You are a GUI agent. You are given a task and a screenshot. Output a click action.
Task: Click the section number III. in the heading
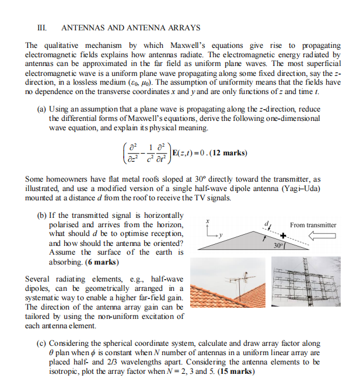tap(41, 27)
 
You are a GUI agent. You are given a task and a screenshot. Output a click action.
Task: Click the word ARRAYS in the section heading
tap(183, 27)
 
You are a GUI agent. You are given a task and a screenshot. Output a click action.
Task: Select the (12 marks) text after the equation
tap(224, 153)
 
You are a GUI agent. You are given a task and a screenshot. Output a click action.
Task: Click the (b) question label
tap(42, 216)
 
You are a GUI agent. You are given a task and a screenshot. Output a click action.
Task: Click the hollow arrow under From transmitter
tap(320, 236)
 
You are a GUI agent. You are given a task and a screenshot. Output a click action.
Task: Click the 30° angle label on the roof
tap(279, 245)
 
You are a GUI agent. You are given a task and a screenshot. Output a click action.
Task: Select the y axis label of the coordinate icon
tap(214, 237)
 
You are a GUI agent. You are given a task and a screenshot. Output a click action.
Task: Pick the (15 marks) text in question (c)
tap(235, 371)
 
